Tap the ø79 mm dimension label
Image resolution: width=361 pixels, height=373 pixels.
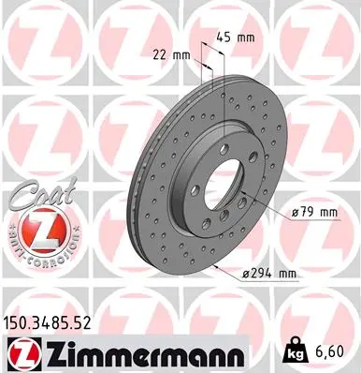pos(311,212)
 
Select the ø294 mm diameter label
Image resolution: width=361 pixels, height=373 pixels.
pos(269,273)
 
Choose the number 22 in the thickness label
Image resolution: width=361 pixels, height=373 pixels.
pos(161,54)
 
